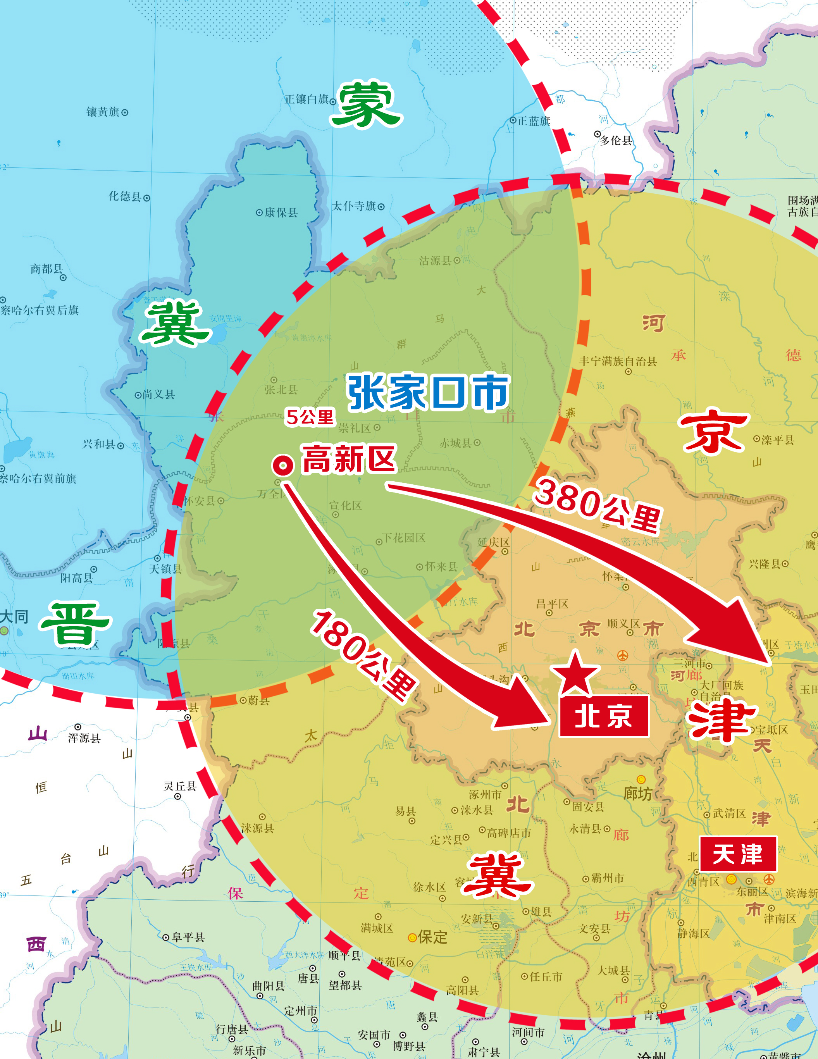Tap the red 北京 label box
(x=604, y=716)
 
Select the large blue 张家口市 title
(x=428, y=392)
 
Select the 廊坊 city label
(x=638, y=793)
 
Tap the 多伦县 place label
(x=616, y=141)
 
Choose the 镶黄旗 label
(x=103, y=112)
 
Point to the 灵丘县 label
(x=180, y=786)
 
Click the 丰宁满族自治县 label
(x=618, y=361)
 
